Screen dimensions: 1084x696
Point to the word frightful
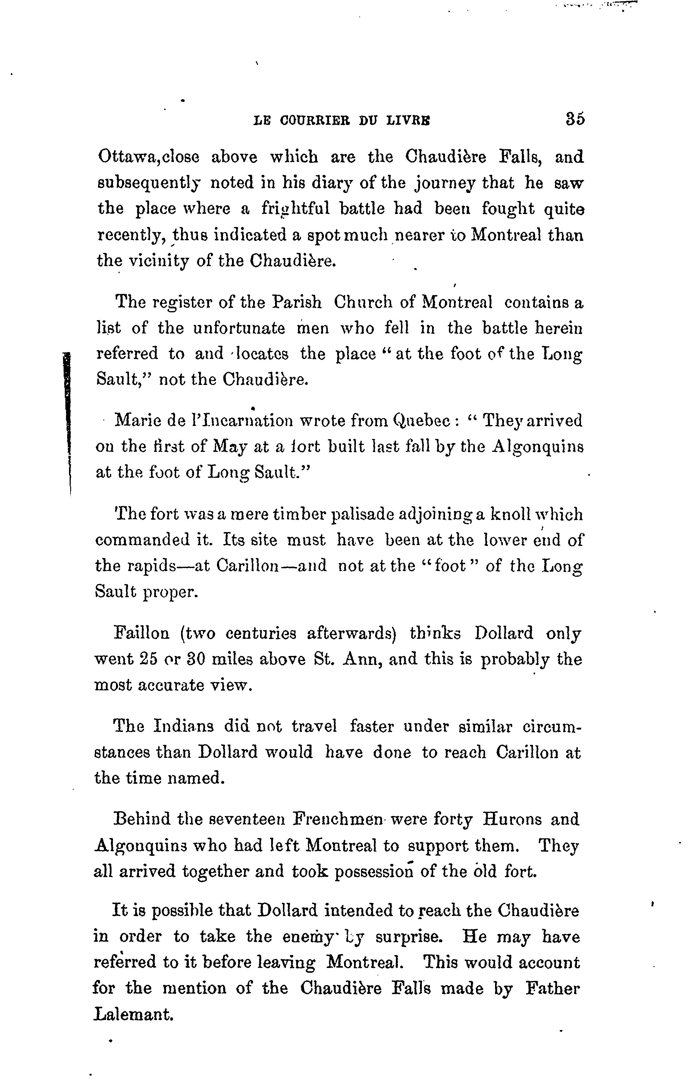pyautogui.click(x=294, y=209)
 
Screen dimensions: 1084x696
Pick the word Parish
pyautogui.click(x=297, y=302)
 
